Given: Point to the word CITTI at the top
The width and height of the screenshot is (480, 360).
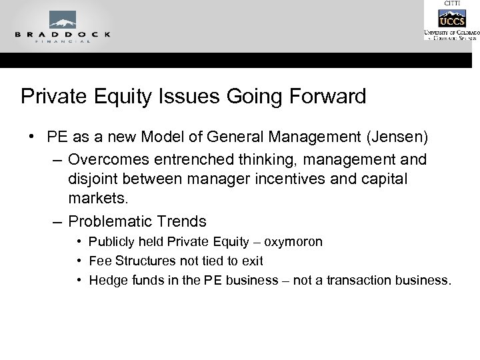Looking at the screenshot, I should [x=451, y=3].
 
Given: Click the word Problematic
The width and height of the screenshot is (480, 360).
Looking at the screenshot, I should [x=111, y=221].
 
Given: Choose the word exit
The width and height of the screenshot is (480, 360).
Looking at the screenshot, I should [x=251, y=261].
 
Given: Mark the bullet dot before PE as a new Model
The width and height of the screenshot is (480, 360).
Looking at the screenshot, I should [x=32, y=137].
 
